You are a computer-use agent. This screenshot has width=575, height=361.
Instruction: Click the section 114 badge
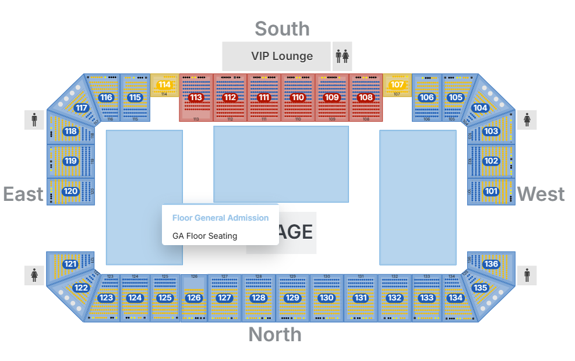pos(165,85)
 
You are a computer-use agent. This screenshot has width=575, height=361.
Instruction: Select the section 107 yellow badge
pos(397,85)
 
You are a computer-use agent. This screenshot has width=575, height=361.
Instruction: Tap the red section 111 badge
pos(264,97)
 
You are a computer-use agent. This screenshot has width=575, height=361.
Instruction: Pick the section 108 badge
pos(366,97)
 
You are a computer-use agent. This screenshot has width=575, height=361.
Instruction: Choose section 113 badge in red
pos(196,97)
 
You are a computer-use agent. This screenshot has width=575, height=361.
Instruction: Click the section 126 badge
pos(193,298)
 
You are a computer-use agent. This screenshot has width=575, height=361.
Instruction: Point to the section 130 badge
pos(326,298)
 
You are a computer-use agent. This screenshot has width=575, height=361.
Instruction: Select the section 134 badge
pos(455,298)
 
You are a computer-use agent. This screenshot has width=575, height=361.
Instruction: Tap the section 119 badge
pos(70,161)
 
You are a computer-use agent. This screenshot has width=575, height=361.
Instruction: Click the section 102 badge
pos(491,161)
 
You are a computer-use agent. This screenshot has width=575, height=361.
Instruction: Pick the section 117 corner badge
pos(82,108)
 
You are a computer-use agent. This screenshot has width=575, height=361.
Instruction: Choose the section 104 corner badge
pos(480,108)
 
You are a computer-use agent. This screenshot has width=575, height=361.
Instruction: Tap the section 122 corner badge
pos(81,288)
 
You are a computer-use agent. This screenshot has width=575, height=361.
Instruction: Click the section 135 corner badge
pos(480,288)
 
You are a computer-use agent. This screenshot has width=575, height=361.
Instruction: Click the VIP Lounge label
pos(282,56)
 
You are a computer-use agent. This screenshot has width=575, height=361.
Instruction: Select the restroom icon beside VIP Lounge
pos(342,56)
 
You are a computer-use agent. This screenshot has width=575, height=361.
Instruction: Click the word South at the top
pos(282,29)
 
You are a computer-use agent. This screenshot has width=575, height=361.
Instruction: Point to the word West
pos(541,194)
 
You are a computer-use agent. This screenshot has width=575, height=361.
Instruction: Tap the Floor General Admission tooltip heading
pos(220,218)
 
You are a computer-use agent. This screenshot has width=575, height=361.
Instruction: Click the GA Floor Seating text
pos(204,236)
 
